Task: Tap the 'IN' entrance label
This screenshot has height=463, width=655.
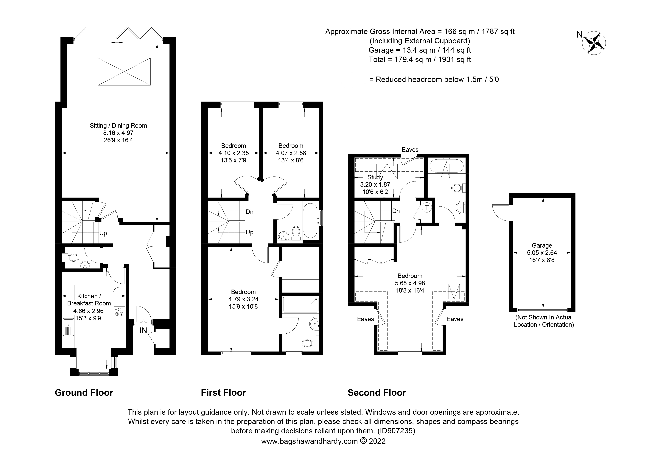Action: (x=143, y=330)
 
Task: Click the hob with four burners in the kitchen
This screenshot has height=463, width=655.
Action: (x=119, y=312)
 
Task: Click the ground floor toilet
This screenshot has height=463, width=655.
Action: (x=72, y=258)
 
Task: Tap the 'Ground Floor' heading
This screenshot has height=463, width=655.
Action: (x=84, y=393)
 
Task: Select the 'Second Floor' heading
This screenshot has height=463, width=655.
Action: (x=376, y=393)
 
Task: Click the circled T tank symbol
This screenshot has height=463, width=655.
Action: (x=427, y=207)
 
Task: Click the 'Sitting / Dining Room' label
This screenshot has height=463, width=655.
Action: (x=118, y=125)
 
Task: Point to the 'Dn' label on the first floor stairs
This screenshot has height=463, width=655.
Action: (x=250, y=212)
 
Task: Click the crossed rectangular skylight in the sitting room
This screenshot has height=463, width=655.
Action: (x=124, y=72)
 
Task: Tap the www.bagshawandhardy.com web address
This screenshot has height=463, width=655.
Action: (x=309, y=441)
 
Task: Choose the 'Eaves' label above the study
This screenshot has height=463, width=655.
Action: (x=410, y=150)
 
